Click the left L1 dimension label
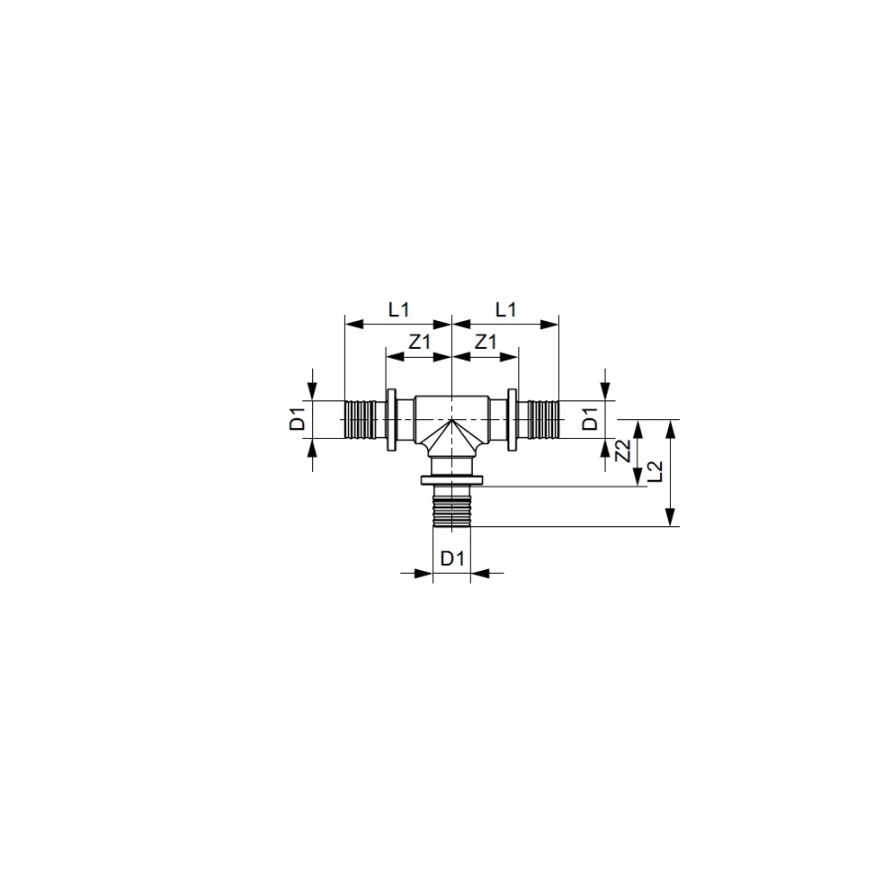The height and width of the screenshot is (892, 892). click(x=398, y=310)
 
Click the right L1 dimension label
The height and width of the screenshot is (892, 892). click(x=505, y=310)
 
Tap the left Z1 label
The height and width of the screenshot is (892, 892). click(x=420, y=342)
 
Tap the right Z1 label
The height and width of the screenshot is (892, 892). click(x=486, y=342)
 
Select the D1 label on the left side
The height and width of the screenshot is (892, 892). click(x=297, y=420)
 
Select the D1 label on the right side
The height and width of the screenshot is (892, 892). click(x=592, y=420)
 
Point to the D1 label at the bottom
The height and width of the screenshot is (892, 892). click(x=453, y=559)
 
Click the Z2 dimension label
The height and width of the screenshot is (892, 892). click(x=624, y=452)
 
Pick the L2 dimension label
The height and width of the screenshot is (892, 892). click(x=656, y=472)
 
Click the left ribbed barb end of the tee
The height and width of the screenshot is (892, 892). click(x=360, y=420)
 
